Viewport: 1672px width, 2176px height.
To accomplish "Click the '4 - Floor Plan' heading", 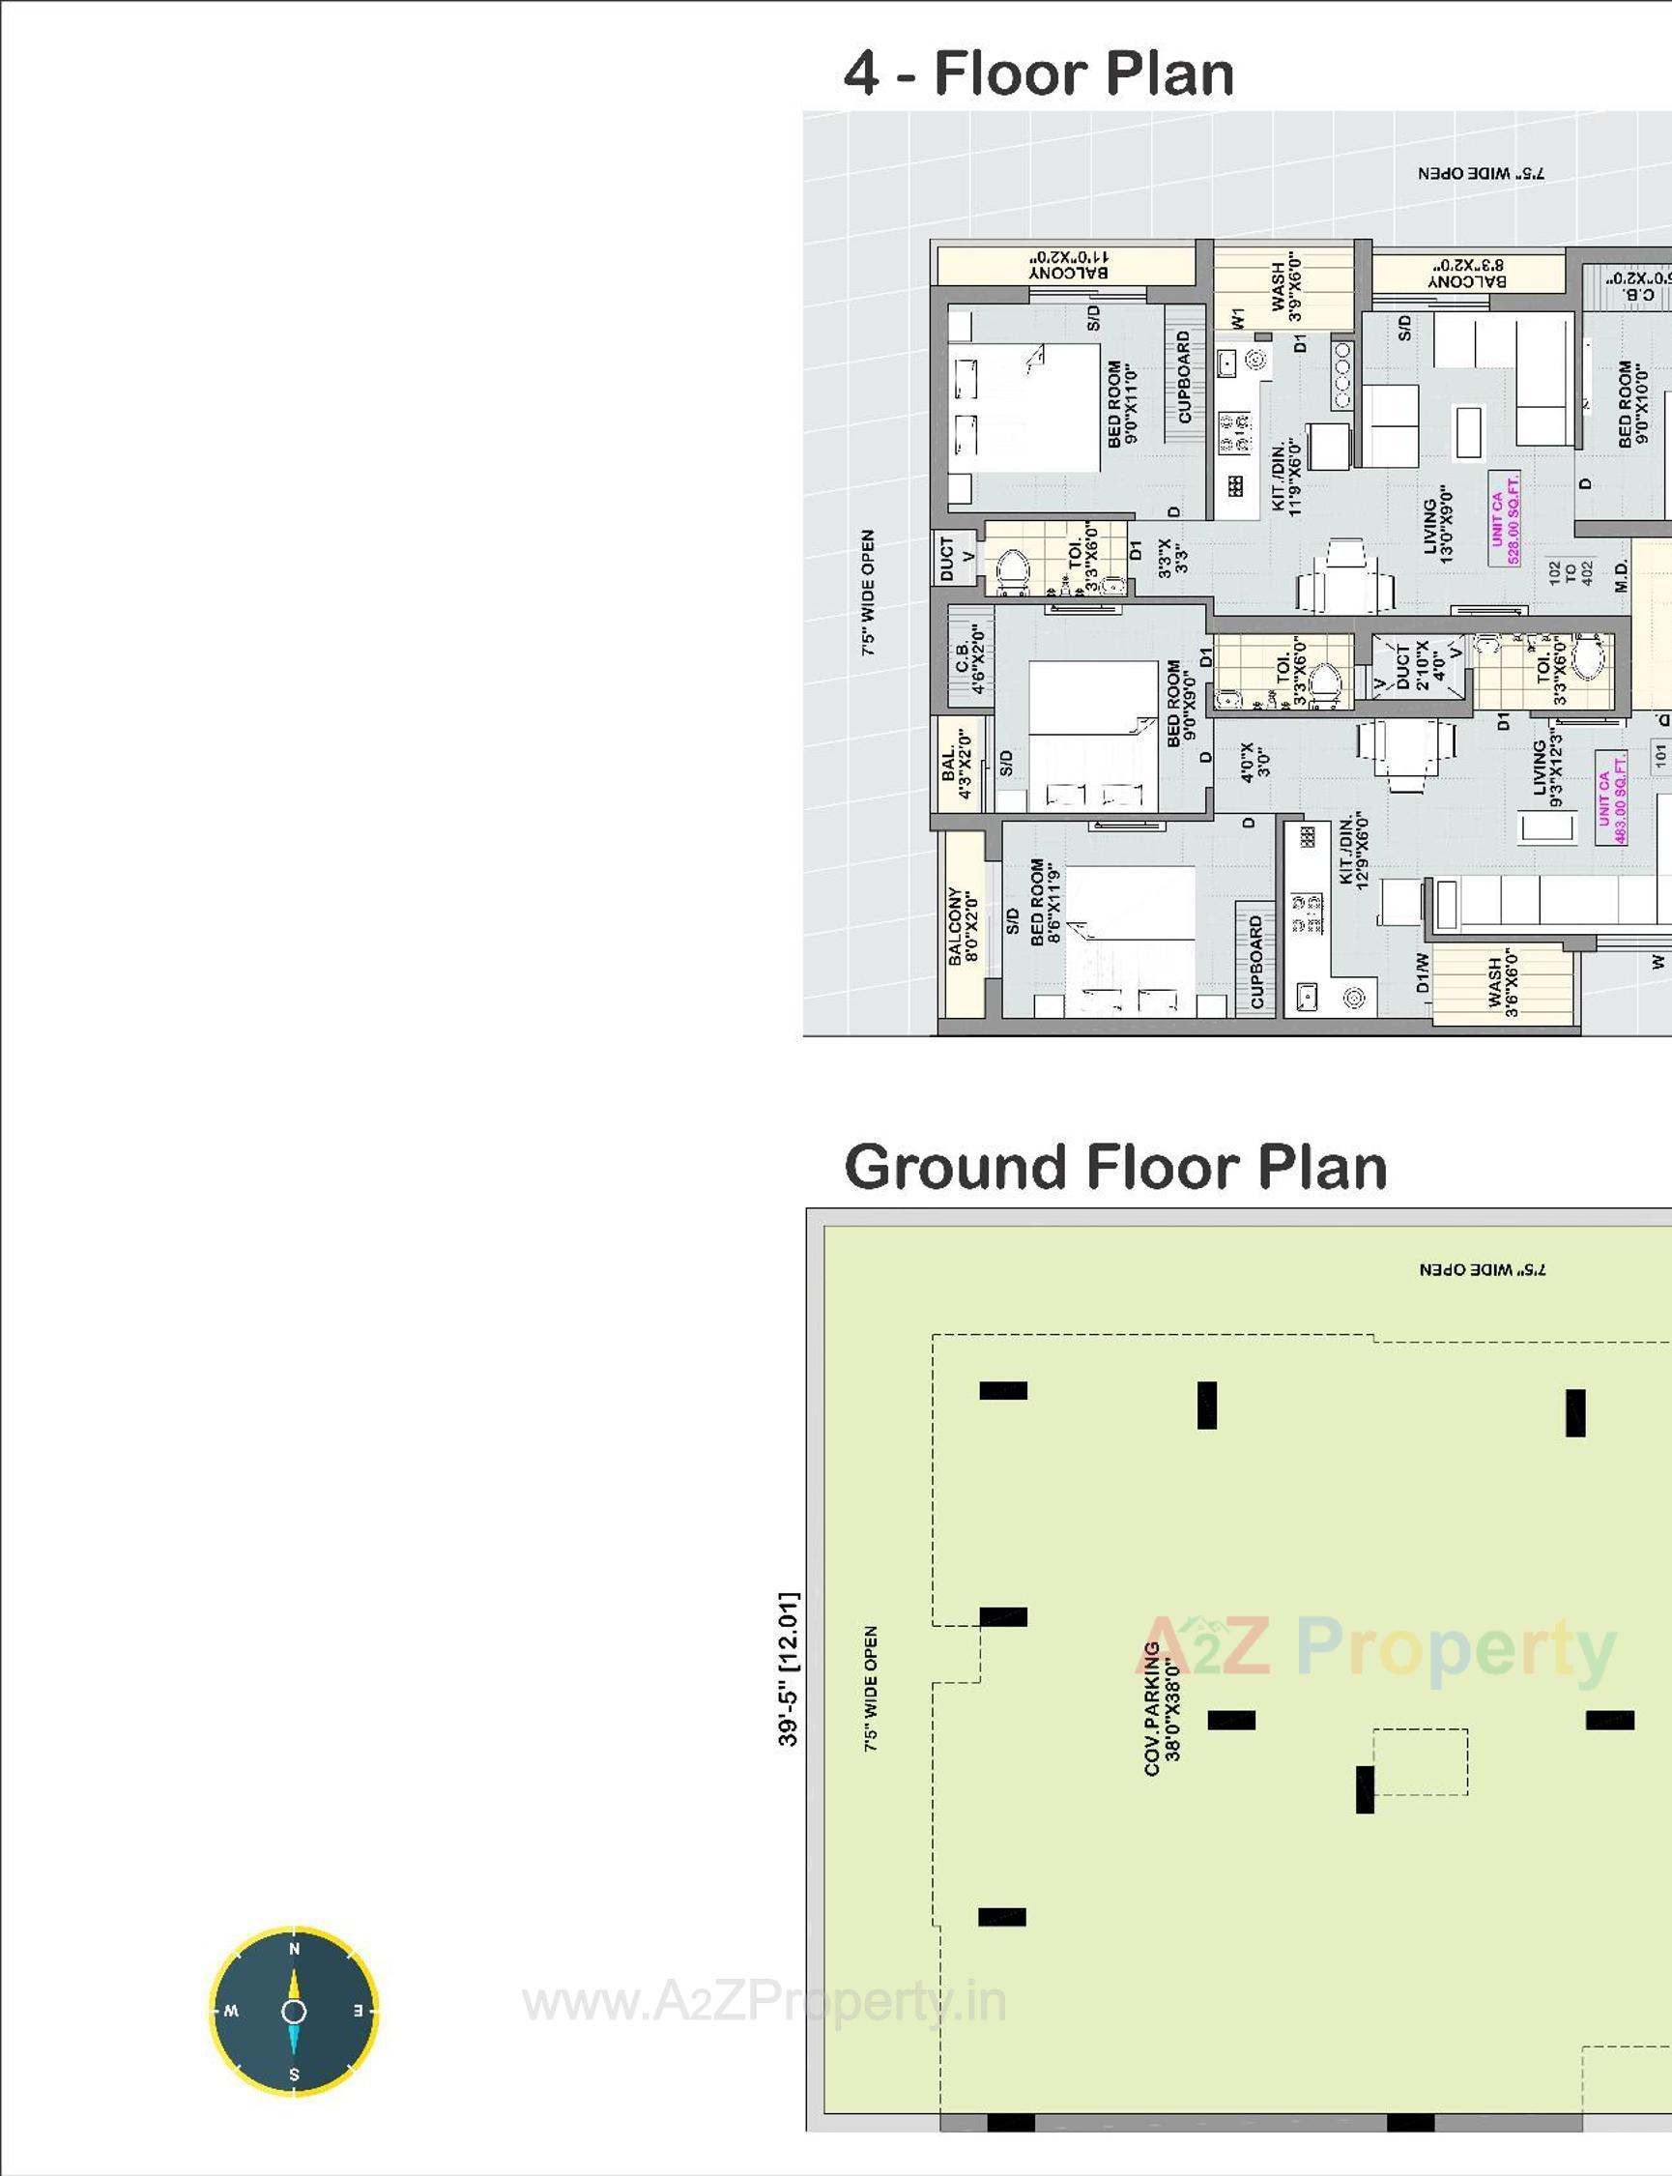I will pyautogui.click(x=1038, y=73).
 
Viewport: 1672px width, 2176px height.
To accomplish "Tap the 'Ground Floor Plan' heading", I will pyautogui.click(x=1114, y=1167).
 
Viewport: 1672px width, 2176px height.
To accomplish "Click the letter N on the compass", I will pyautogui.click(x=294, y=1949).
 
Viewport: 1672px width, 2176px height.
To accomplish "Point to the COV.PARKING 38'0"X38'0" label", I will pyautogui.click(x=1162, y=1708).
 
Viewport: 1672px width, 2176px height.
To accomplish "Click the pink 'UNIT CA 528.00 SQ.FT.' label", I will pyautogui.click(x=1505, y=517).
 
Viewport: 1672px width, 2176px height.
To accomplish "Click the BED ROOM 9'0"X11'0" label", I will pyautogui.click(x=1123, y=403).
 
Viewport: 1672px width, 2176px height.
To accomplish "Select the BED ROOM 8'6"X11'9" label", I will pyautogui.click(x=1046, y=902).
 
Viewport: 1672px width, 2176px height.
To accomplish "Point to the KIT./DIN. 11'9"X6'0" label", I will pyautogui.click(x=1285, y=477).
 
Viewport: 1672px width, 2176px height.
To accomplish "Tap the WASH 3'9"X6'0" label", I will pyautogui.click(x=1285, y=291).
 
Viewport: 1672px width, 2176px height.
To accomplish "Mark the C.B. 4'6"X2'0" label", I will pyautogui.click(x=969, y=658).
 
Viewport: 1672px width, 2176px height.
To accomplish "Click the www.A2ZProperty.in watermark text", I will pyautogui.click(x=764, y=2003).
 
